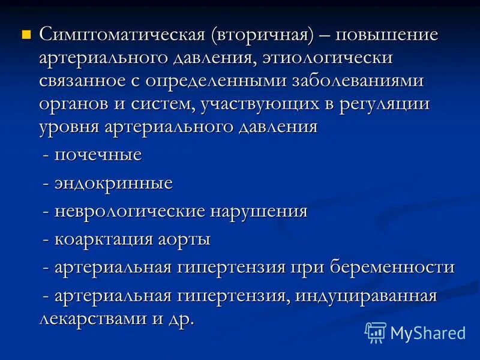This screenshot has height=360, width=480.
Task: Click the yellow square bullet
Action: [x=26, y=34]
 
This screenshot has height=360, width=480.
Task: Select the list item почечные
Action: [x=98, y=155]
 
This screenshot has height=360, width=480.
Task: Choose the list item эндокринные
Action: [x=113, y=183]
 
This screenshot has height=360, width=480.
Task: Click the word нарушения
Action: [x=259, y=211]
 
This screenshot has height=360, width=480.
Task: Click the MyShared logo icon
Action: [x=376, y=332]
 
